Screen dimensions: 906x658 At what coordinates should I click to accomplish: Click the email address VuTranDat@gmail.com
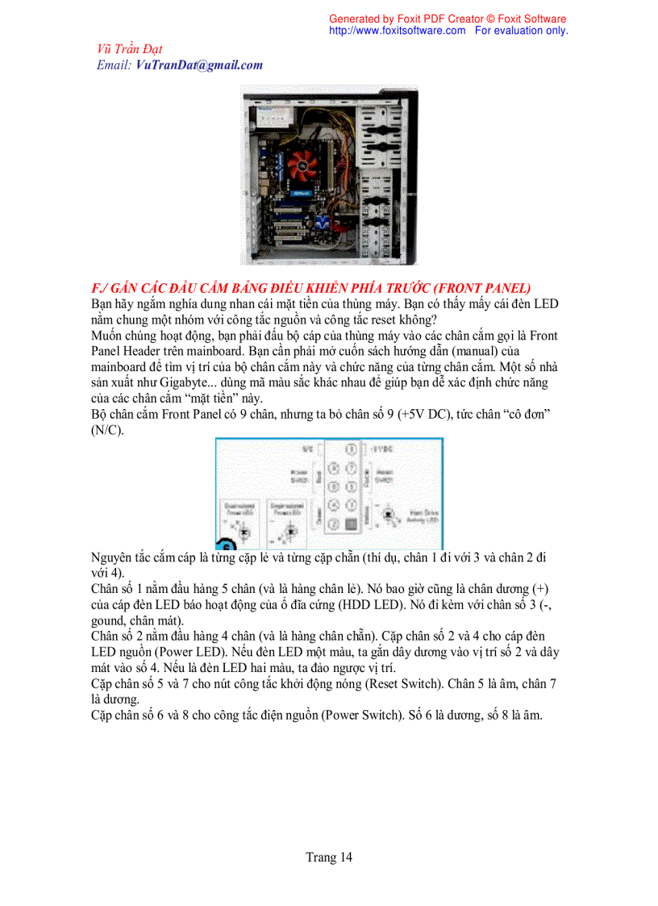pyautogui.click(x=199, y=65)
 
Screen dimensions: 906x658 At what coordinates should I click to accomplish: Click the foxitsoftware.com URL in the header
pyautogui.click(x=397, y=31)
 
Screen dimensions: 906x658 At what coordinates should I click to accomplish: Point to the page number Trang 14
pyautogui.click(x=328, y=857)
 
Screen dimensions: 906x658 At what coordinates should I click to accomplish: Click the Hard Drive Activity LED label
pyautogui.click(x=420, y=516)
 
